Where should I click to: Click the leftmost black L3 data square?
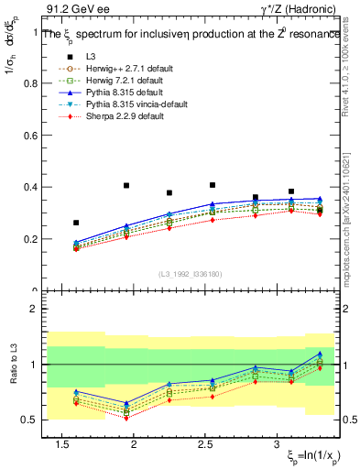[76, 223]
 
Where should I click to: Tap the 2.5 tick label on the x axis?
[206, 444]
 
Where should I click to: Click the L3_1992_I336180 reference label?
[191, 273]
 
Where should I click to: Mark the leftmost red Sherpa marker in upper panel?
[76, 249]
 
